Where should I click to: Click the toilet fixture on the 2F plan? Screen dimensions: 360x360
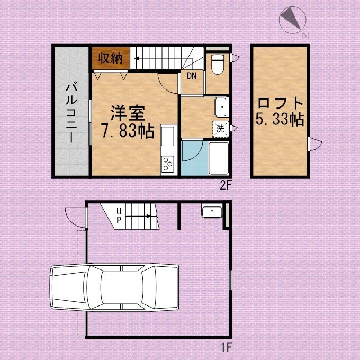pos(218,64)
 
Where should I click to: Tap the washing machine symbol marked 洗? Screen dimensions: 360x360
pos(221,129)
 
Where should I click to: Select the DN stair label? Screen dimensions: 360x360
pos(192,76)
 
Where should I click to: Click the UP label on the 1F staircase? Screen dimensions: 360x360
pos(119,215)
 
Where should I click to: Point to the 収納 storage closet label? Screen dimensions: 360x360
pos(110,58)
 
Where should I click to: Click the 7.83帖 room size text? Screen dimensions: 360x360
pos(128,131)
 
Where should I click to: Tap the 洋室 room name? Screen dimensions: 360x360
pos(128,113)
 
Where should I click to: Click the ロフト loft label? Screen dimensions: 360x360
pos(281,103)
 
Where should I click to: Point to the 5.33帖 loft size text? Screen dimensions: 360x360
pos(280,119)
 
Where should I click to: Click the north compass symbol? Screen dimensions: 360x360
pos(292,20)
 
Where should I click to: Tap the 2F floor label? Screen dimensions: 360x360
pos(225,186)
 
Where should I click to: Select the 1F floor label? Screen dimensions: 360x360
pos(226,347)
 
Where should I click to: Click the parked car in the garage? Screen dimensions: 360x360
pos(114,287)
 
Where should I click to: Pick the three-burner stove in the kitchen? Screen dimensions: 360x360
pos(168,164)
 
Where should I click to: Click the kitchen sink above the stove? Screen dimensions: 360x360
pos(168,136)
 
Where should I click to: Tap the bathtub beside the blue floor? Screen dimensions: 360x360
pos(218,158)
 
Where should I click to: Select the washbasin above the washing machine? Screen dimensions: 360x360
pos(221,107)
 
